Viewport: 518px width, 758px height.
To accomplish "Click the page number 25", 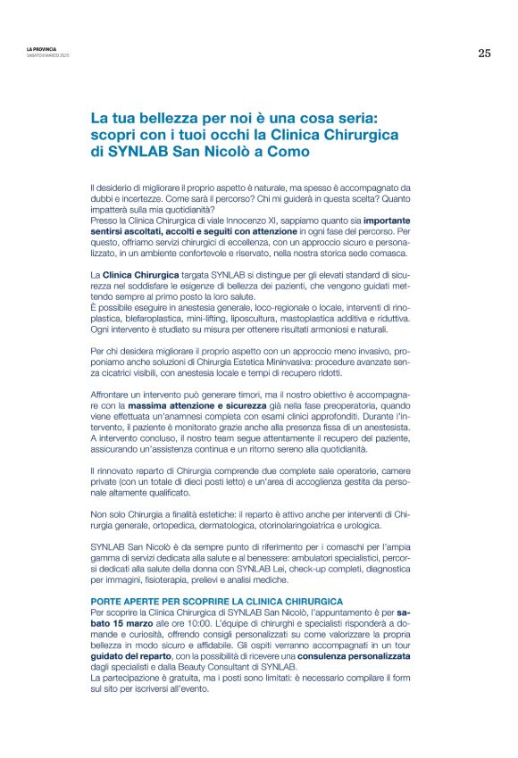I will coord(483,54).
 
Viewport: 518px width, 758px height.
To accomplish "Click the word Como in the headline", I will coord(290,152).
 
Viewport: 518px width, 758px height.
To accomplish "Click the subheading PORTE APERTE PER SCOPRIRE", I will coord(217,602).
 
